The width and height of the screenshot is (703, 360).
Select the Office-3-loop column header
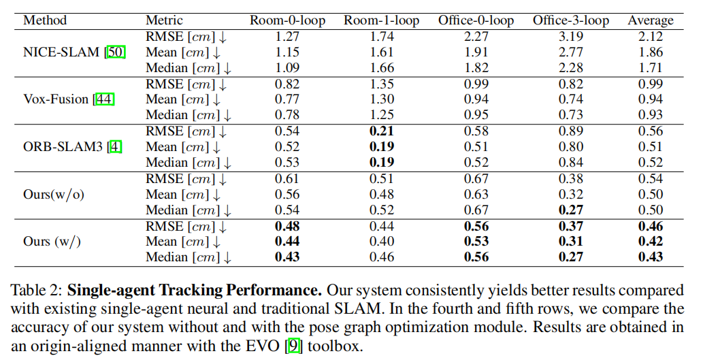[570, 20]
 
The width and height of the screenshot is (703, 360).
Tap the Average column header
[651, 20]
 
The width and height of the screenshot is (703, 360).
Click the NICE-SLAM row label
[62, 52]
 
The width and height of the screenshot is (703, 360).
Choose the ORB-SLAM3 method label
[57, 146]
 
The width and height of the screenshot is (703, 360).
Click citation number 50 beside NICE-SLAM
[115, 52]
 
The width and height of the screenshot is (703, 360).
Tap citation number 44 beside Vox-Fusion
[104, 99]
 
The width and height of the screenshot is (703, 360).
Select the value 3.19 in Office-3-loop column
[570, 37]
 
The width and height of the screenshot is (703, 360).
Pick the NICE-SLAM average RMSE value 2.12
[651, 37]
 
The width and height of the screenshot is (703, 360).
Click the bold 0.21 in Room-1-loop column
[381, 131]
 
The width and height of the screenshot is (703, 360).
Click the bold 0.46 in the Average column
[651, 226]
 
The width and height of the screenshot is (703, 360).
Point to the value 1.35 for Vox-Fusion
[381, 84]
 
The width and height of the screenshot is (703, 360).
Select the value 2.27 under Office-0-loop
[476, 37]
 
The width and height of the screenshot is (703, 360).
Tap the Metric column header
[164, 20]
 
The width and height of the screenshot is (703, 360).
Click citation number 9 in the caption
[293, 345]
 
